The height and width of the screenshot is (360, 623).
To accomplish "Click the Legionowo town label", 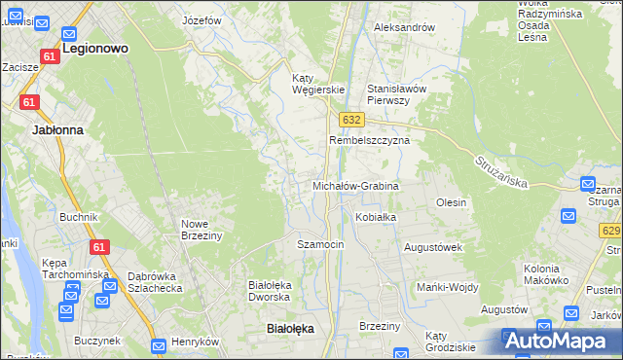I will tap(96, 47).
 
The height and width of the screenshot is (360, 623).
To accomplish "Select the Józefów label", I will tap(202, 20).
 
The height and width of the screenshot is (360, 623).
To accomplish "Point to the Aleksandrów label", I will tap(404, 27).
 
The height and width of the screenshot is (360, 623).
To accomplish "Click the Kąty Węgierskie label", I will tap(319, 84).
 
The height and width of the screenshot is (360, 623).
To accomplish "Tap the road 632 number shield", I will tap(352, 119).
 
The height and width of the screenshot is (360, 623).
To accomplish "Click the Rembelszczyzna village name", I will tap(370, 140).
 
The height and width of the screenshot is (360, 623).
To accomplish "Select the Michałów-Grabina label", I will tap(355, 185).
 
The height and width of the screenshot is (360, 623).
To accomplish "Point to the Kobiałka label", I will tap(376, 217).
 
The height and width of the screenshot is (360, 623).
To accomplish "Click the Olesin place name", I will tap(452, 202).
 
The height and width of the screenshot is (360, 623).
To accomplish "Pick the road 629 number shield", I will tap(610, 230).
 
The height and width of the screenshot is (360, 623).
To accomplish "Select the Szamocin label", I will tap(320, 244).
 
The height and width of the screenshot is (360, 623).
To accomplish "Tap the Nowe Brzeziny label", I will tap(202, 230).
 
